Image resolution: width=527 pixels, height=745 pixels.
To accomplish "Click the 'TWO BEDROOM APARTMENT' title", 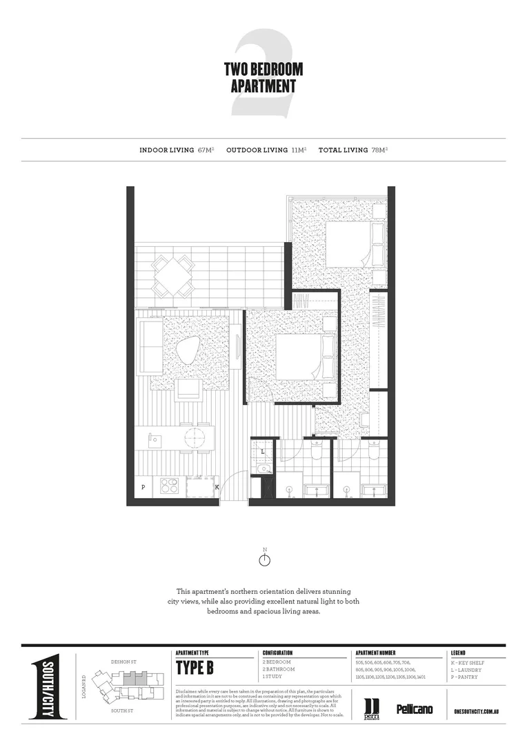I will click(263, 78).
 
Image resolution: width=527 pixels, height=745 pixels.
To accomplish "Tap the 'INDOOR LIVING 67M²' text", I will click(177, 150).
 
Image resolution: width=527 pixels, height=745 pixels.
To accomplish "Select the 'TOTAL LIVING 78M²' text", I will click(357, 150).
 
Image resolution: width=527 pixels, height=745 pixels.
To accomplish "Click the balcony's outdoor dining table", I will click(172, 275).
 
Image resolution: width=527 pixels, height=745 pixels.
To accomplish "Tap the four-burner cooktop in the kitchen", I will click(170, 486).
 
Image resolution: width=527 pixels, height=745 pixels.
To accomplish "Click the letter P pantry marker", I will click(143, 487).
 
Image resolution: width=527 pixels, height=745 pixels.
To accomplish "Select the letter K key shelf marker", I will click(217, 487).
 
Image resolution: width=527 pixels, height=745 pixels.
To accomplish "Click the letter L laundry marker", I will click(263, 452).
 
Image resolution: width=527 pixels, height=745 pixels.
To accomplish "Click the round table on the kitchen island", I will click(195, 437).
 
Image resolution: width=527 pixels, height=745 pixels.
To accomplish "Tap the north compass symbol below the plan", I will click(263, 559).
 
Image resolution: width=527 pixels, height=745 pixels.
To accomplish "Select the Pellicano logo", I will click(414, 708).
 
